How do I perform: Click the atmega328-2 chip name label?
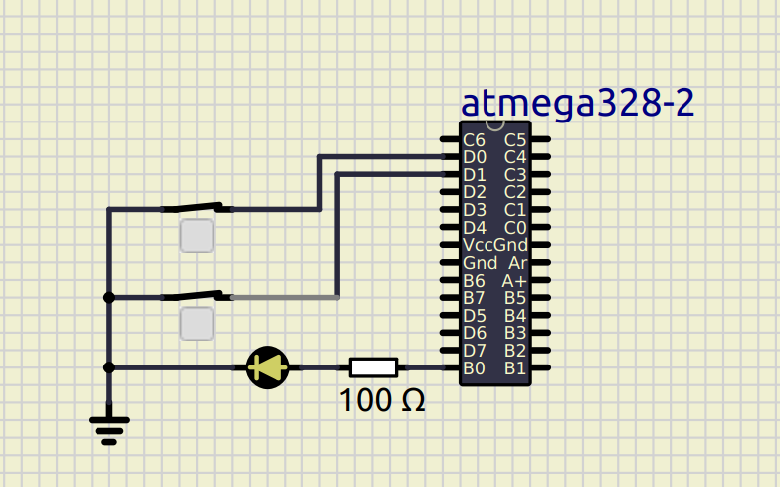coord(577,103)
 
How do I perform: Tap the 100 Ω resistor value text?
coord(382,400)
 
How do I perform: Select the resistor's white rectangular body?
coord(373,367)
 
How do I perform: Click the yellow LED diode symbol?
coord(267,367)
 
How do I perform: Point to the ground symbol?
coord(109,428)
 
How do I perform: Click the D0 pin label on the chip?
coord(475,157)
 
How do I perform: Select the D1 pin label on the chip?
coord(475,174)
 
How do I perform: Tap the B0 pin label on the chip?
coord(475,367)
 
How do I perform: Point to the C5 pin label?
coord(515,140)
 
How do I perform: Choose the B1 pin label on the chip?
coord(515,367)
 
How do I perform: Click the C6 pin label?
coord(475,140)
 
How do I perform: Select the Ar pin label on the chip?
coord(517,263)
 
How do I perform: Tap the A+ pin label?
coord(514,281)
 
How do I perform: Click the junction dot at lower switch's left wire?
coord(109,297)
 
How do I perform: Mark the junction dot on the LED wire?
coord(109,367)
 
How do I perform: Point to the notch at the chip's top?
coord(495,124)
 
